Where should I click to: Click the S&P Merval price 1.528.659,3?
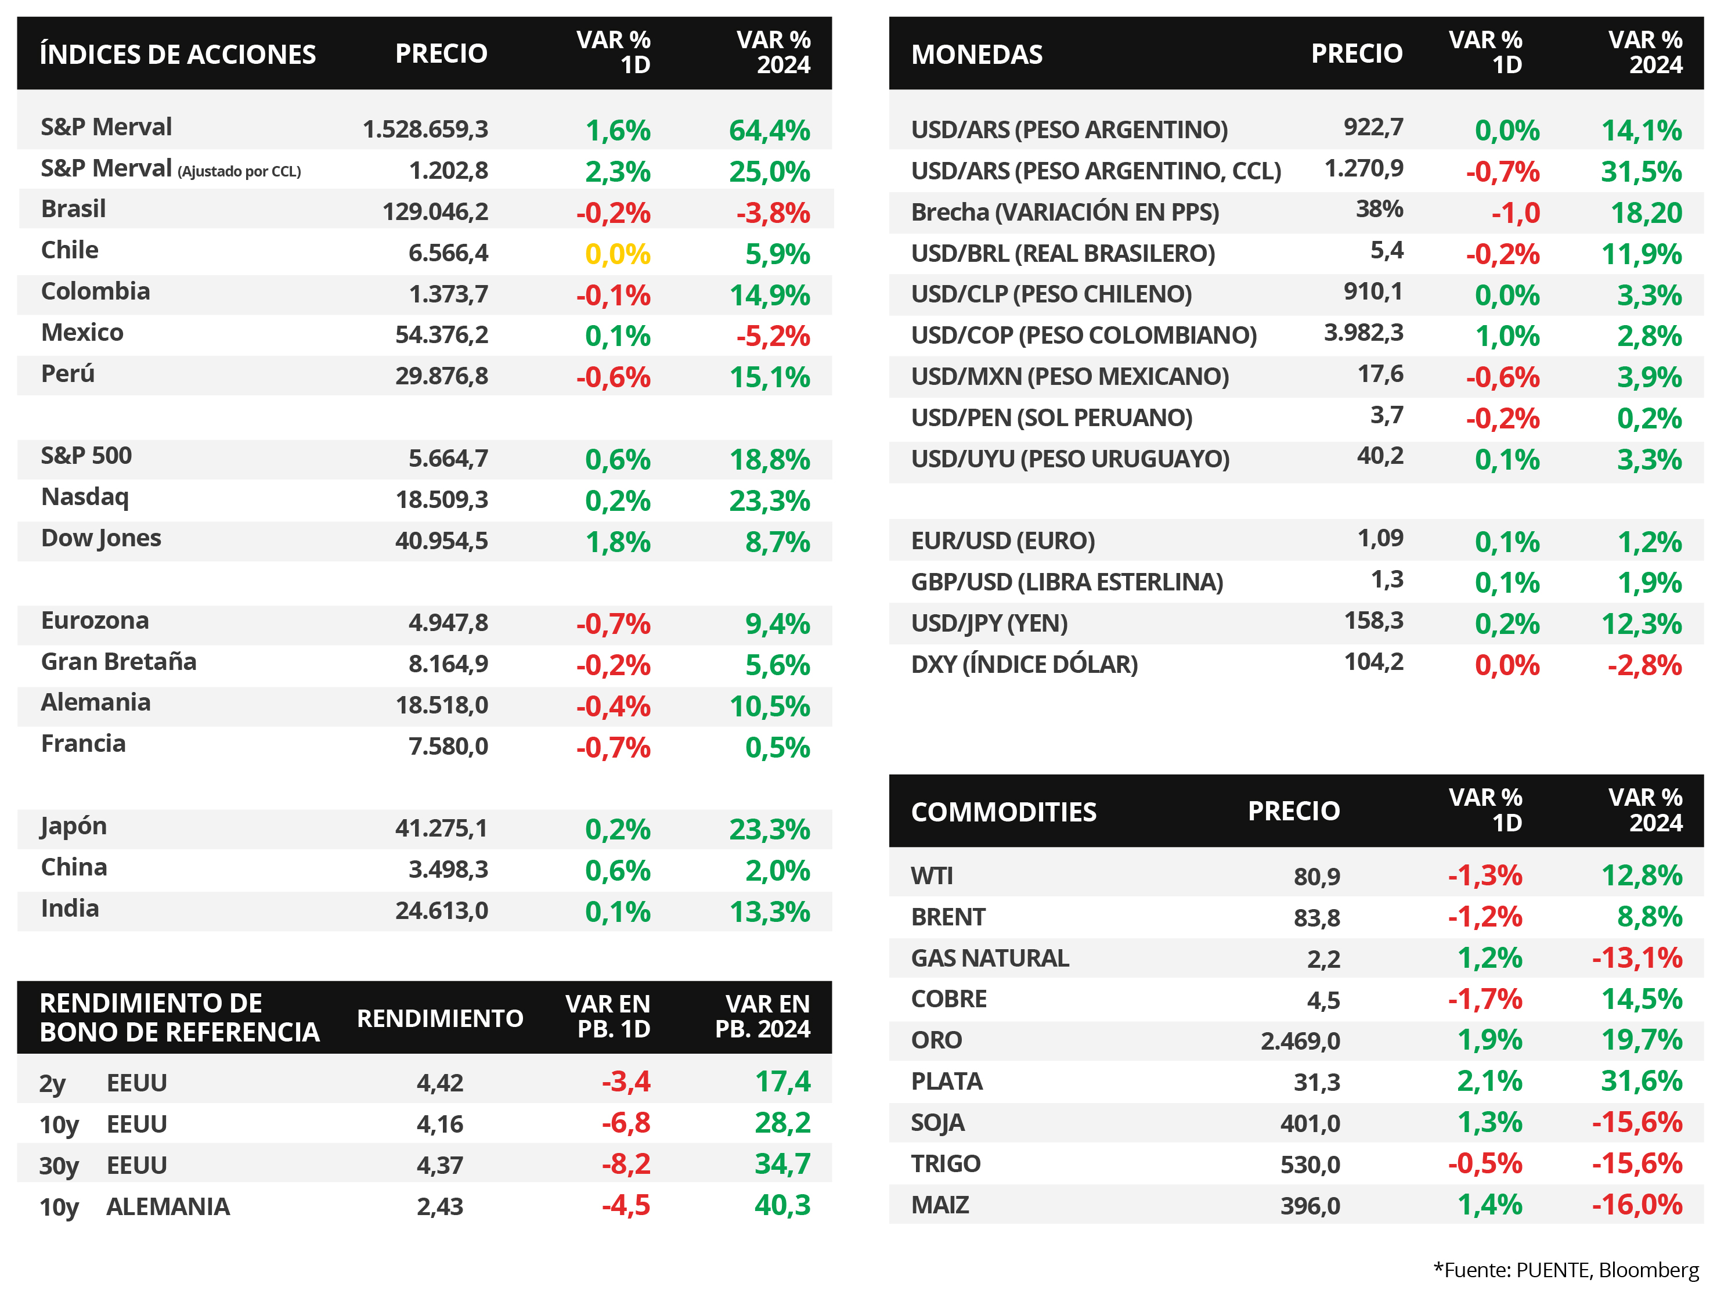click(425, 129)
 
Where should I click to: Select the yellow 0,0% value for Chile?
click(618, 254)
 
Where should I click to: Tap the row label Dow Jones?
click(101, 539)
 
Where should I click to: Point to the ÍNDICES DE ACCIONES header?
click(178, 55)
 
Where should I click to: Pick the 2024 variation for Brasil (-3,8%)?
click(773, 212)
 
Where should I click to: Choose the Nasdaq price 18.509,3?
click(442, 499)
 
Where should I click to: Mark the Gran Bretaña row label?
click(119, 661)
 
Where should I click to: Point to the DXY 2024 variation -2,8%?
click(1645, 665)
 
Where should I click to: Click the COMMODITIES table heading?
click(1004, 812)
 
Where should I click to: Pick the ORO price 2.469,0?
click(1300, 1041)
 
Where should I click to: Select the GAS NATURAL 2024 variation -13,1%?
click(1637, 958)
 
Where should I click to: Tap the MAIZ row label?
click(940, 1205)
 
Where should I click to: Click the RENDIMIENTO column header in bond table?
click(440, 1018)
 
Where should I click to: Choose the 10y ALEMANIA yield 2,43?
click(440, 1206)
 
